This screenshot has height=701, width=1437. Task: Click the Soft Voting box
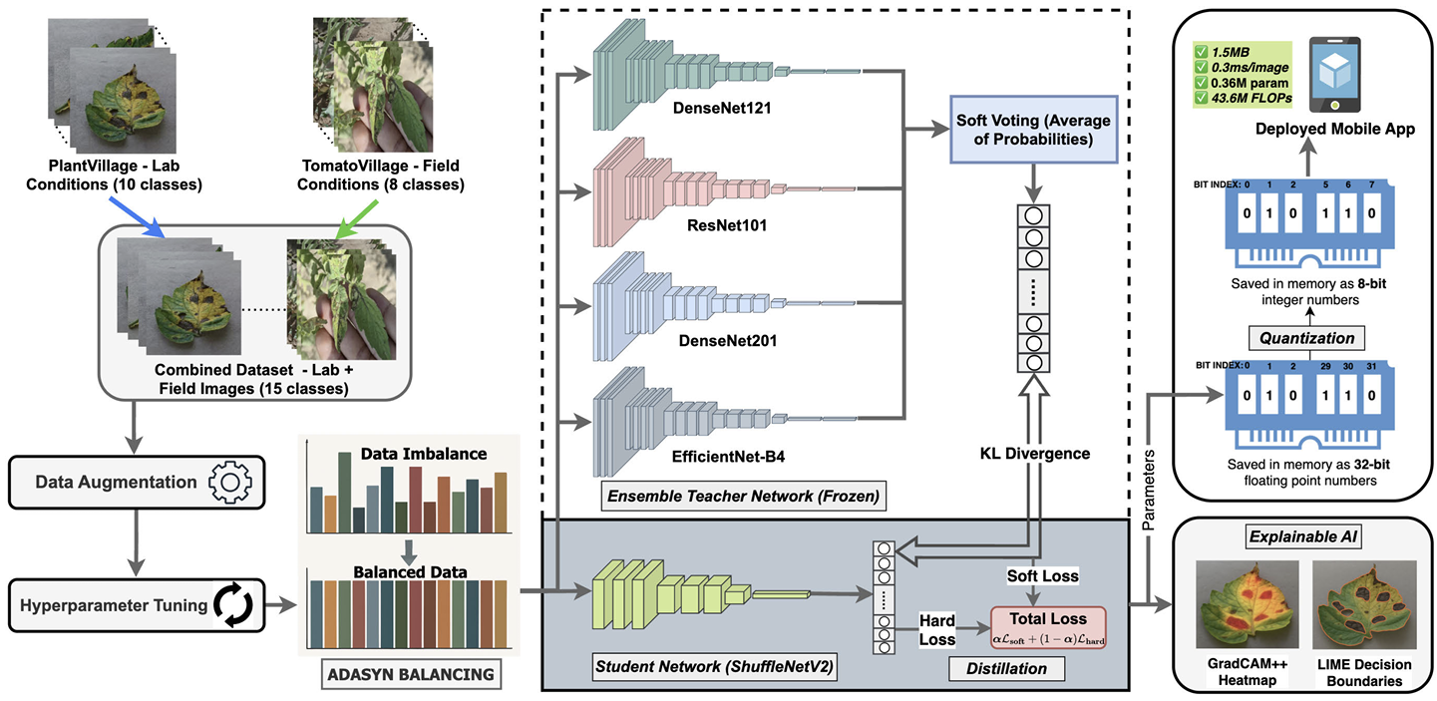tap(1033, 130)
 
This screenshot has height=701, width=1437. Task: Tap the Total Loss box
tap(1048, 627)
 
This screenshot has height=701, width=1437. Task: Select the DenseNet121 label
tap(722, 108)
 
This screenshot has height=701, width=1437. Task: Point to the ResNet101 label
tap(727, 225)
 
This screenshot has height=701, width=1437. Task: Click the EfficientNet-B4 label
tap(728, 457)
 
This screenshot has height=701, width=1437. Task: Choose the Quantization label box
tap(1306, 338)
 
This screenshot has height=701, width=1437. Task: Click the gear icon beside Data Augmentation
tap(229, 483)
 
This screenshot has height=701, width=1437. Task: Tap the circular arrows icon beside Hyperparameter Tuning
tap(233, 605)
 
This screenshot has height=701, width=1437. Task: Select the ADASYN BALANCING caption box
tap(411, 675)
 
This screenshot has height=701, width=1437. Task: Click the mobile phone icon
tap(1334, 75)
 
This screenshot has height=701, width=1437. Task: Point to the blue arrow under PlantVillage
tap(137, 216)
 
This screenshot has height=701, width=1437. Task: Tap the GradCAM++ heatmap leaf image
tap(1247, 605)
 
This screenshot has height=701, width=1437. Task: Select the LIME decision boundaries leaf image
tap(1364, 605)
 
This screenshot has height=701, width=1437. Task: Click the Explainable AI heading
tap(1303, 536)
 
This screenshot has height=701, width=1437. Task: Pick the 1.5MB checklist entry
tap(1222, 52)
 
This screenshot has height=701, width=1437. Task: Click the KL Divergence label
tap(1035, 454)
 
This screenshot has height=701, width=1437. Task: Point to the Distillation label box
tap(1006, 669)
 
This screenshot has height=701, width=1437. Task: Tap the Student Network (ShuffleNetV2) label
tap(714, 667)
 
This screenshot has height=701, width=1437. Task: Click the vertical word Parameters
tap(1149, 491)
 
